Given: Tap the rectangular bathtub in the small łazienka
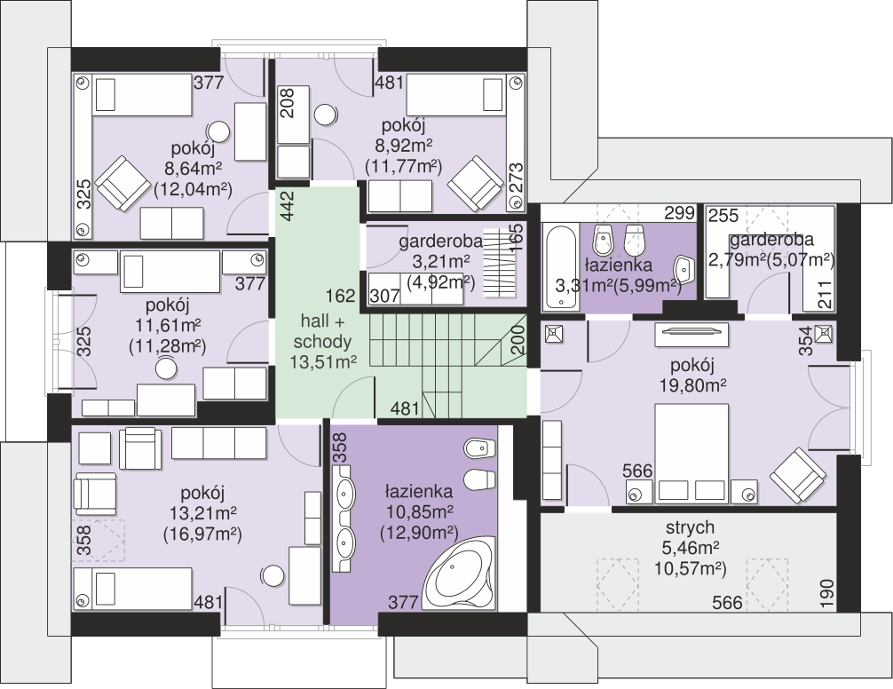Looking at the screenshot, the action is (x=561, y=267).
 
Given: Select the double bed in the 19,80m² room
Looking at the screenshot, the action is (x=691, y=453).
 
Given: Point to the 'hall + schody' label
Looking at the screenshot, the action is (x=322, y=331).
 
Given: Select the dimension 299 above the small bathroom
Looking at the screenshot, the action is (x=679, y=213).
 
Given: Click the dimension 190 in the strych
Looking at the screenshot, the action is (x=826, y=593).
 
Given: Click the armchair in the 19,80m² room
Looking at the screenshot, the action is (x=798, y=476).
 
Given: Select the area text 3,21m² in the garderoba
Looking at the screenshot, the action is (x=441, y=262).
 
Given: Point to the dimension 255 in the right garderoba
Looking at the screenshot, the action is (x=723, y=215).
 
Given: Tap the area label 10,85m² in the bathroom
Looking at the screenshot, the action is (x=419, y=511).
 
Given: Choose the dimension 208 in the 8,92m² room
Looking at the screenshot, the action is (x=288, y=103).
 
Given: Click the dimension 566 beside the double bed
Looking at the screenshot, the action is (x=637, y=471).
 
